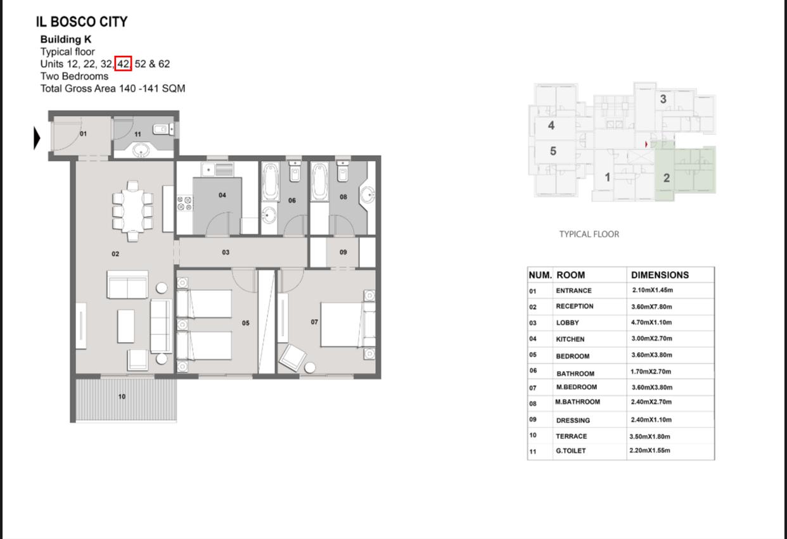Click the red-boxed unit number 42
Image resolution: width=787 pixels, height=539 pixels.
click(123, 63)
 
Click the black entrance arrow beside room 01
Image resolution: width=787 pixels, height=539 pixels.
click(37, 138)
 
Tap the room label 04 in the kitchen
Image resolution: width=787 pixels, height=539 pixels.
click(222, 195)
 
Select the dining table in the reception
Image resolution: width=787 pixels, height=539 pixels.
click(132, 211)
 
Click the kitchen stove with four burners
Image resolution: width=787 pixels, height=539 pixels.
click(184, 203)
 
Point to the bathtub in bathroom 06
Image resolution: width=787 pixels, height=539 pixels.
click(271, 182)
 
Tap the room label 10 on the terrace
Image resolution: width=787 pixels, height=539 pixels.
click(122, 396)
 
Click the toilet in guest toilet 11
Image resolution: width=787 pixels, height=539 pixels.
click(163, 129)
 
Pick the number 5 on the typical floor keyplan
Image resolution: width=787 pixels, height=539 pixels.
click(553, 151)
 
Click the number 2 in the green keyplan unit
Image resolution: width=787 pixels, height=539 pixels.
click(667, 178)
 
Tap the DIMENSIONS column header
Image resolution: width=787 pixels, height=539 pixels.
click(660, 275)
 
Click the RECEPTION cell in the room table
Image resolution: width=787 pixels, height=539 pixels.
click(575, 306)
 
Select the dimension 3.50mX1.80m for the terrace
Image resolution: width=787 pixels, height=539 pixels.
click(649, 436)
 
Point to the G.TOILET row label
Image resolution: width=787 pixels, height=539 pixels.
click(570, 451)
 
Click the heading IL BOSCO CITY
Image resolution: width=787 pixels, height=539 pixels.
click(82, 22)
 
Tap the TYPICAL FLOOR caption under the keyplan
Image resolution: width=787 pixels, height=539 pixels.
click(589, 234)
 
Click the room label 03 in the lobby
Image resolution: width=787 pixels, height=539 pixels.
click(226, 252)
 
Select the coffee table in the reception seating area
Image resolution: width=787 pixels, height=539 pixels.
click(125, 326)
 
